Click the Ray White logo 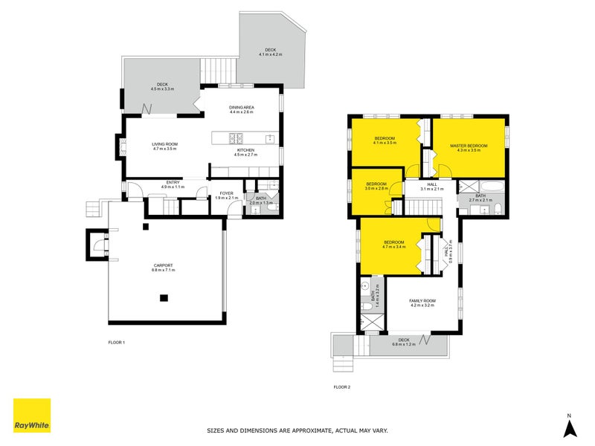point(32,416)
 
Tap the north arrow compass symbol point(569,427)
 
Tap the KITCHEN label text point(245,152)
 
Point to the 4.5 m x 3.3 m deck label point(162,87)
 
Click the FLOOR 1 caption point(118,343)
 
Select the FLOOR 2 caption point(342,387)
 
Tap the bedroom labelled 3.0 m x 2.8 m point(376,186)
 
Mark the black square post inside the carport point(164,298)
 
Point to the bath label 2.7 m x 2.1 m point(480,198)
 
